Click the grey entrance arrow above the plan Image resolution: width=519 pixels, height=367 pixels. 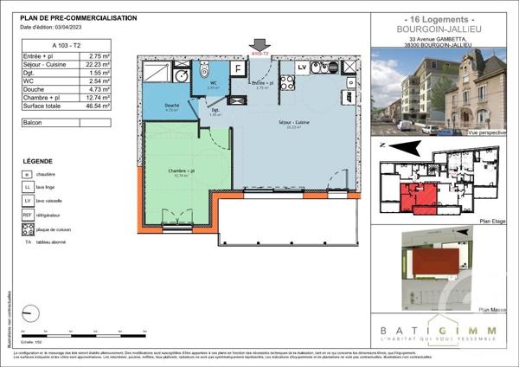coord(258,44)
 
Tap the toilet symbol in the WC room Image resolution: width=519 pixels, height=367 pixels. coord(205,68)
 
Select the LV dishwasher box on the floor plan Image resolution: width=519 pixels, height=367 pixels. coord(302,67)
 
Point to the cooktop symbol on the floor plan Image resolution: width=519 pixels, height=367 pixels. coord(288,83)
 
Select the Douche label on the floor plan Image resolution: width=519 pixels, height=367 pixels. coord(171,106)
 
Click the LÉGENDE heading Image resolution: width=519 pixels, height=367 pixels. coord(37,162)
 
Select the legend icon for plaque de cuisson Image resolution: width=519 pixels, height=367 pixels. coord(28,229)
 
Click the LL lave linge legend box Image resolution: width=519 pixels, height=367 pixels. coord(28,186)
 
